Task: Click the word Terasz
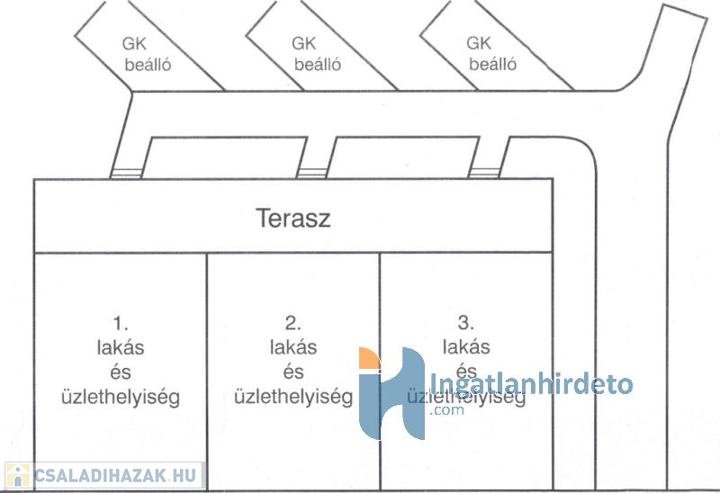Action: click(293, 218)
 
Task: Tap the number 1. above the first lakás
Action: click(121, 324)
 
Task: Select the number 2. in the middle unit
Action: click(293, 323)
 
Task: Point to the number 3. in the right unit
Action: click(465, 323)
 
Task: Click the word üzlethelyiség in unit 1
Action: click(121, 398)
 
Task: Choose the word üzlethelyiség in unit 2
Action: click(293, 397)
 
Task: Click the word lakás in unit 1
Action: click(121, 347)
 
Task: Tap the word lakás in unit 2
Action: click(293, 347)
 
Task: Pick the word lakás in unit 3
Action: click(466, 346)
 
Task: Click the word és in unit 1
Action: click(121, 372)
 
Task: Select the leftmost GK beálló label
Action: click(147, 54)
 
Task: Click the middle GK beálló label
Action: click(317, 54)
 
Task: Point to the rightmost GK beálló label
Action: click(491, 53)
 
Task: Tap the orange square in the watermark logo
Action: click(370, 358)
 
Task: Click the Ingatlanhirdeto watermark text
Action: click(531, 384)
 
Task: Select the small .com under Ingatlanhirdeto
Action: click(446, 409)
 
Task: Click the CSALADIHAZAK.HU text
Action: click(115, 476)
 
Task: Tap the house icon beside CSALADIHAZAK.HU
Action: click(17, 476)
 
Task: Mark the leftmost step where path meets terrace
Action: click(126, 174)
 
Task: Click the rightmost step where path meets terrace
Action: click(484, 173)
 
